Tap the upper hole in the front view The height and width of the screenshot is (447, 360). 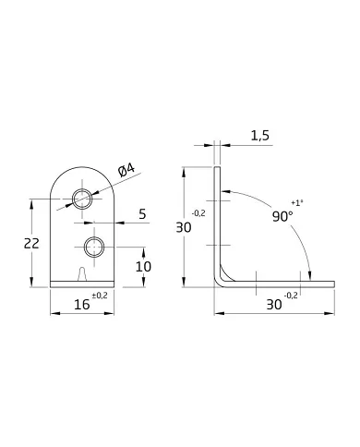click(x=82, y=198)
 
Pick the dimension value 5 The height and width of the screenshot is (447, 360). click(x=140, y=214)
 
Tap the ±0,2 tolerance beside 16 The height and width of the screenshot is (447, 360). click(x=100, y=296)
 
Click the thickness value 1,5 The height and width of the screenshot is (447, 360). click(x=259, y=136)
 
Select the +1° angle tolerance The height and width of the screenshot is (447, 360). click(x=295, y=201)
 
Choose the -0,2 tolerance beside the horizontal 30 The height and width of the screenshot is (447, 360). click(x=291, y=296)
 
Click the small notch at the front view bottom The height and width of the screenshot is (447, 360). click(x=84, y=275)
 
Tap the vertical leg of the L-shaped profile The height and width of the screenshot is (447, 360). click(x=217, y=222)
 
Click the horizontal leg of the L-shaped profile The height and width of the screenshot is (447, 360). click(x=277, y=284)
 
